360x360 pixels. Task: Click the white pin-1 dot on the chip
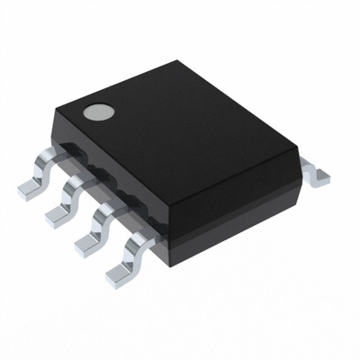[x=97, y=113]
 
